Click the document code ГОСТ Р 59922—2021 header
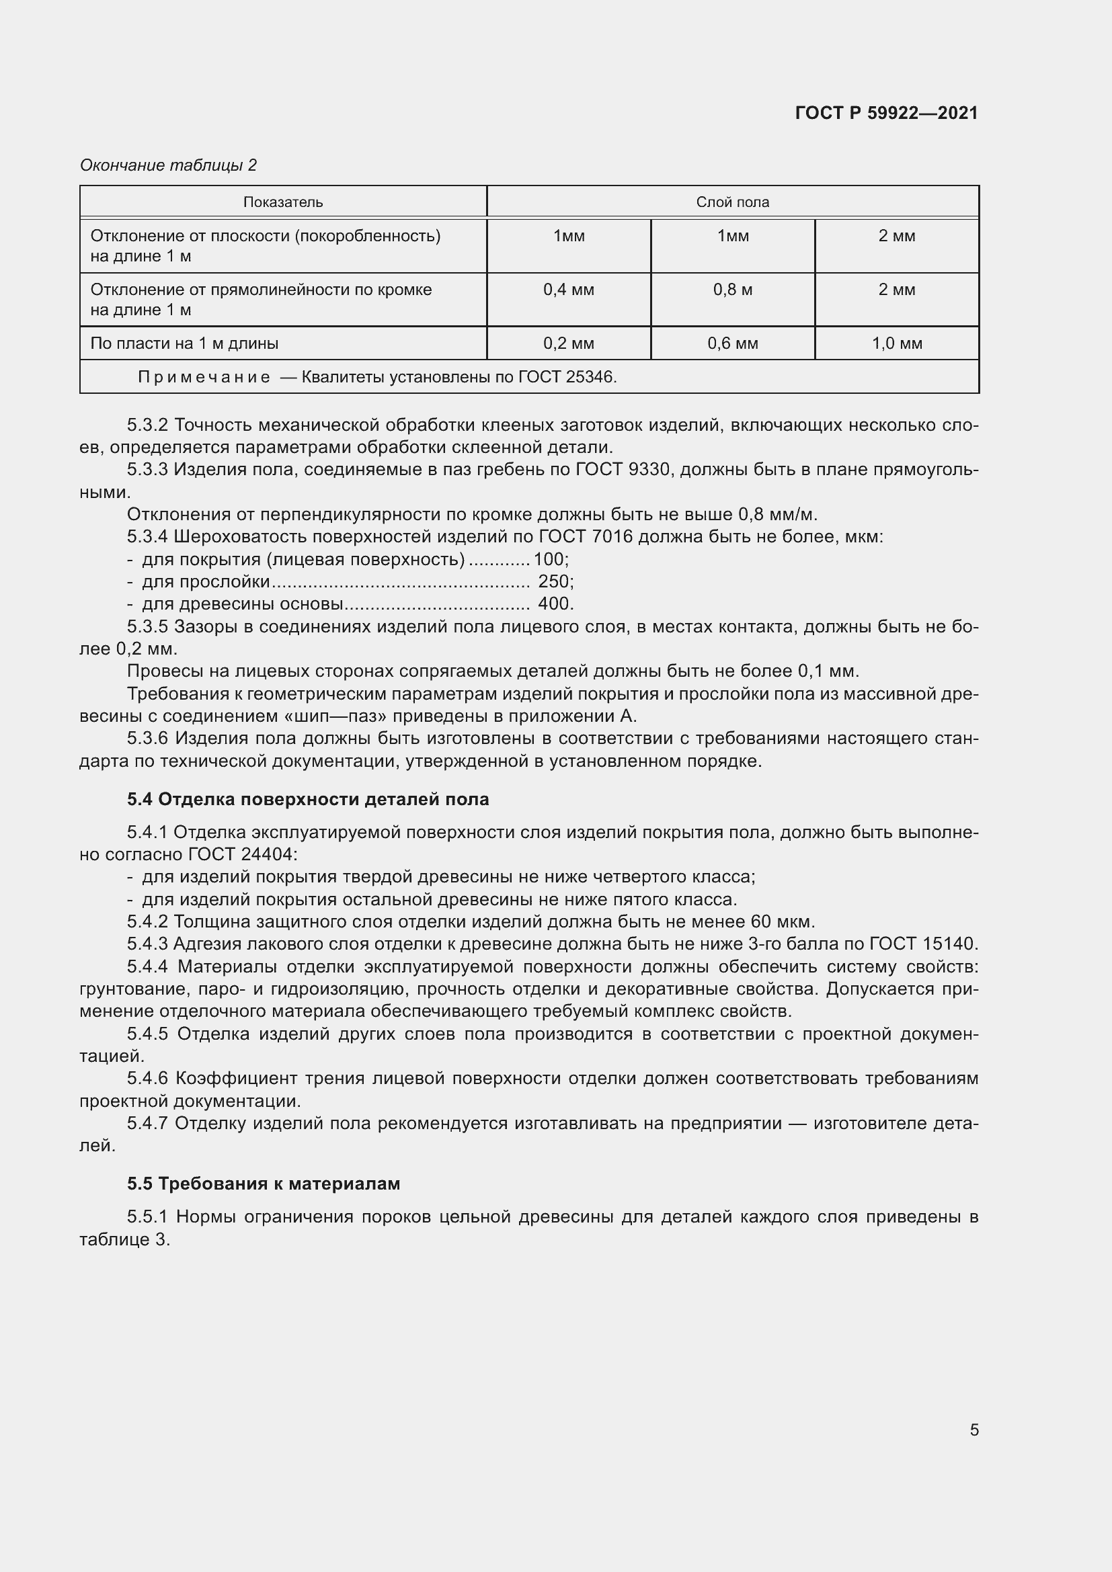[x=886, y=113]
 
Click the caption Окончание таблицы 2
[x=168, y=165]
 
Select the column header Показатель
[x=283, y=202]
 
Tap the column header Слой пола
[x=732, y=202]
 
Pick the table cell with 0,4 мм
[x=568, y=290]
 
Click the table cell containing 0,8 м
[x=732, y=290]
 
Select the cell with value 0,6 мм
[x=732, y=343]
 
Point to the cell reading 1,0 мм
[x=896, y=343]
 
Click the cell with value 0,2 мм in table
[x=568, y=343]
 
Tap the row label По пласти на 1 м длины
[x=184, y=343]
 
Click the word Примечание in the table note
[x=204, y=377]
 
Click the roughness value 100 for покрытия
[x=549, y=559]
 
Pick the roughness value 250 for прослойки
[x=553, y=581]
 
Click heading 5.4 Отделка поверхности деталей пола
[x=307, y=799]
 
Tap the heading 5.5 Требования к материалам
[x=263, y=1183]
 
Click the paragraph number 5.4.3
[x=147, y=944]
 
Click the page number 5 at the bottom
[x=974, y=1430]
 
